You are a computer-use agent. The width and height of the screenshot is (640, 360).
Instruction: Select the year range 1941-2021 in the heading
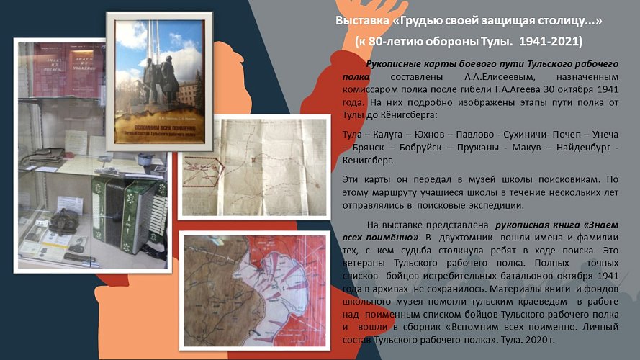click(549, 41)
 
